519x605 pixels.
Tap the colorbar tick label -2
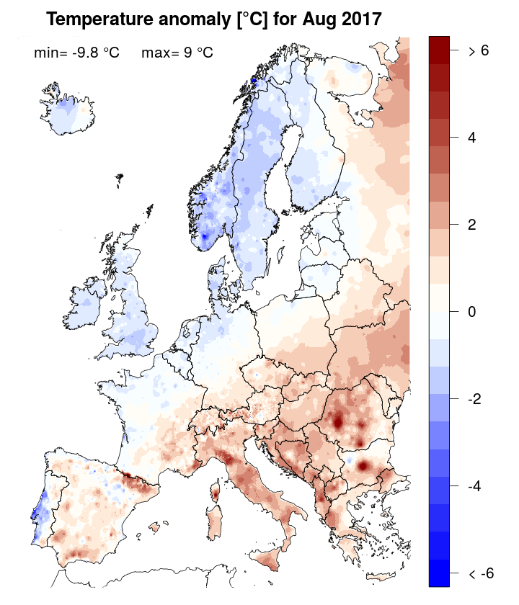475,399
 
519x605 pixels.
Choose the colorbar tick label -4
475,486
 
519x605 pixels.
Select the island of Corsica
214,494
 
